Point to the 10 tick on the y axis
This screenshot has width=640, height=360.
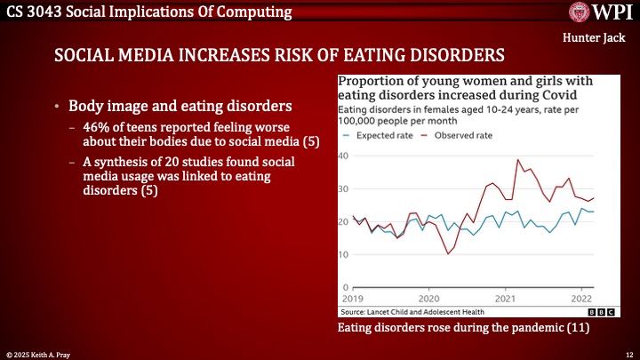click(343, 255)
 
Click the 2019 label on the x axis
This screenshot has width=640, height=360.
click(353, 299)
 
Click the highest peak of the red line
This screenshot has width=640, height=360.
click(518, 160)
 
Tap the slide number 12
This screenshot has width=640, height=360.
click(628, 353)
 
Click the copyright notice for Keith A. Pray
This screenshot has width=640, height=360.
click(40, 353)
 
